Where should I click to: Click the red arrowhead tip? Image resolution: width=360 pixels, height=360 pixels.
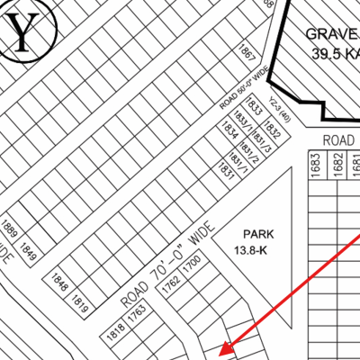pyautogui.click(x=220, y=350)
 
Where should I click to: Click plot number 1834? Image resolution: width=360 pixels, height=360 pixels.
pyautogui.click(x=230, y=132)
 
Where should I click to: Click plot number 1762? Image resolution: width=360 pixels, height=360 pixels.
pyautogui.click(x=169, y=287)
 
